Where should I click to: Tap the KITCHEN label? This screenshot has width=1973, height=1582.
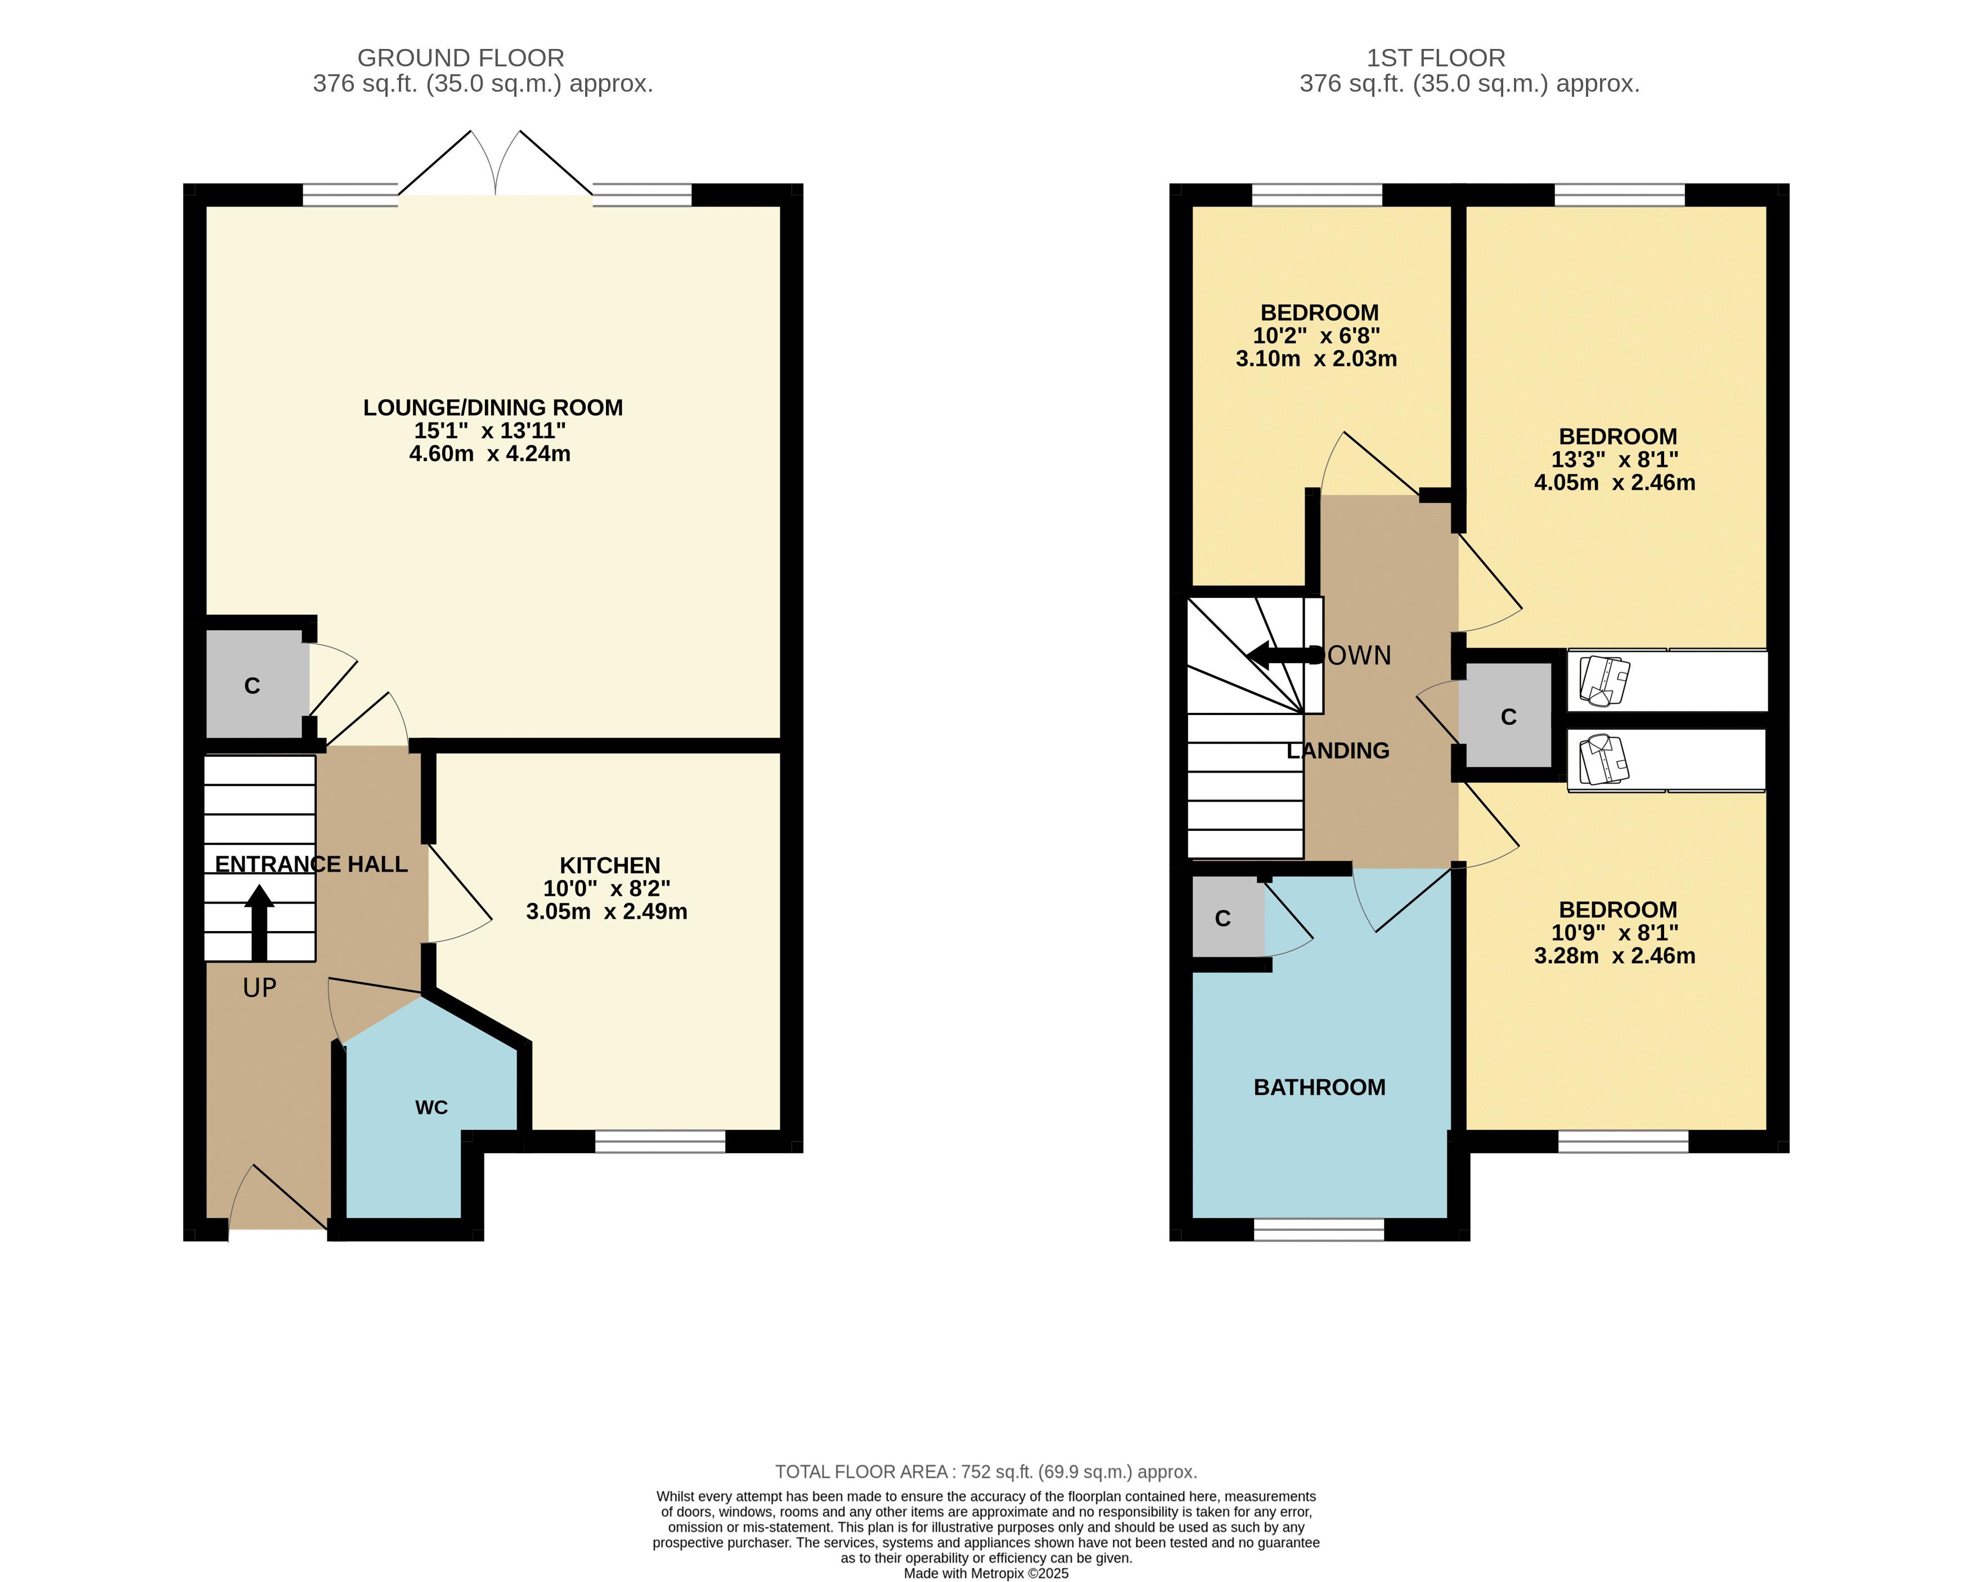609,865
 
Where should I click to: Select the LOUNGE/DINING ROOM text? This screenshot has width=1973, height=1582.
492,407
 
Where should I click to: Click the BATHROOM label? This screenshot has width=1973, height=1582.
1319,1087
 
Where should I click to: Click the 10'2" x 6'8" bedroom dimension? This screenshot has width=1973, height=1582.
1316,336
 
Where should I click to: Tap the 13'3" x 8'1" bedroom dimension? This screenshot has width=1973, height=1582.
1614,459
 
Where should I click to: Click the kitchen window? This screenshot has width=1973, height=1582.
660,1141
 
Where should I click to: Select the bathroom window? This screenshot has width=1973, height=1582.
1319,1230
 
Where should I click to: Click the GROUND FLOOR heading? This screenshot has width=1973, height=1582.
460,57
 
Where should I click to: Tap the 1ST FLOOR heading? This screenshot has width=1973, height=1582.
1435,57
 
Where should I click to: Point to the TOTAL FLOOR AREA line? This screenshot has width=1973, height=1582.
986,1471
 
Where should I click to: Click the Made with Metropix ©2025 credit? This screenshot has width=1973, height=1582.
986,1573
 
